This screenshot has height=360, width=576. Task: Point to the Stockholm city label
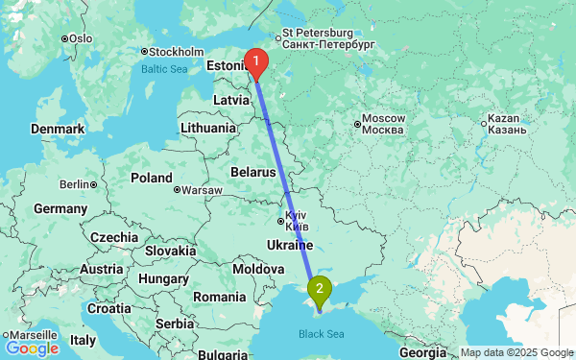pyautogui.click(x=176, y=52)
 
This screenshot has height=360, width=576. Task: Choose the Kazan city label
pyautogui.click(x=503, y=123)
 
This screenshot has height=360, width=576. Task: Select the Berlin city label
pyautogui.click(x=73, y=184)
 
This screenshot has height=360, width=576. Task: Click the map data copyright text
pyautogui.click(x=516, y=353)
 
